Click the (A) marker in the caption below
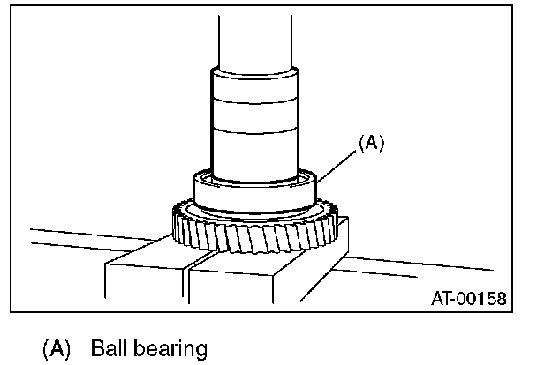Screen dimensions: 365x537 (57, 348)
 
